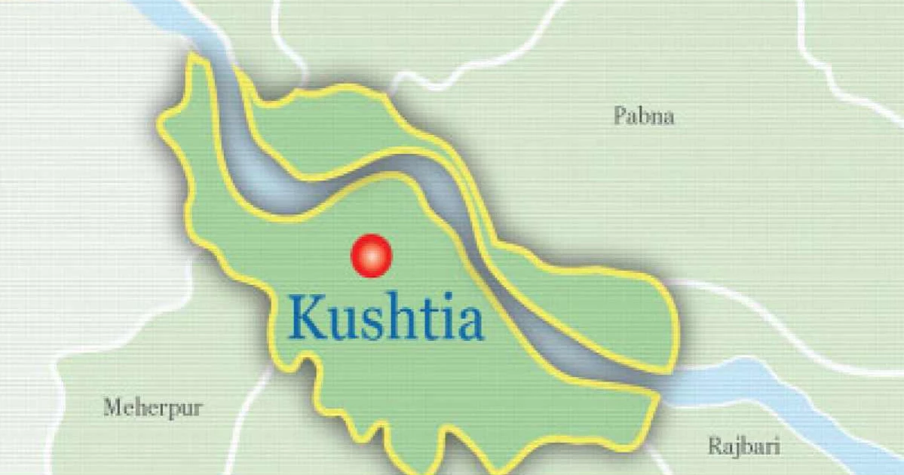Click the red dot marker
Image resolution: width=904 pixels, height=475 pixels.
(x=372, y=256)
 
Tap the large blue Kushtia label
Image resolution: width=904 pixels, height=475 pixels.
(x=385, y=319)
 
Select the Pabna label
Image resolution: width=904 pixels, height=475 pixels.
(x=643, y=117)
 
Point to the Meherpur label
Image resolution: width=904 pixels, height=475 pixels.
(x=152, y=409)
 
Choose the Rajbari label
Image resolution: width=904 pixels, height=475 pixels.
(x=743, y=446)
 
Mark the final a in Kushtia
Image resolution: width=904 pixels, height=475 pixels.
(x=468, y=325)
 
